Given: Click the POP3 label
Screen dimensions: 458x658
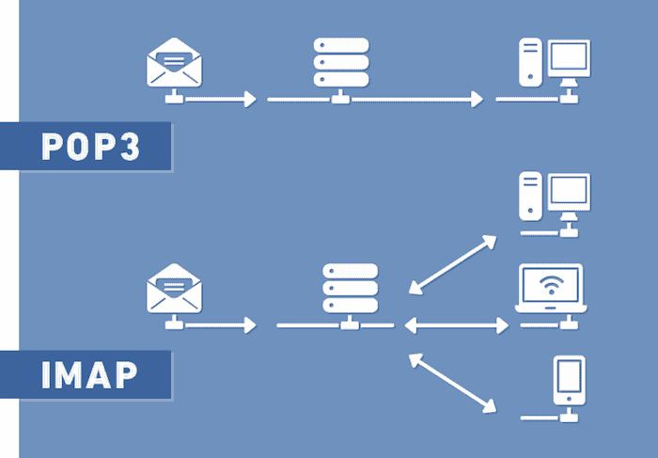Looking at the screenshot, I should tap(90, 147).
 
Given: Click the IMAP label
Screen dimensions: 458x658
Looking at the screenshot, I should tap(90, 375).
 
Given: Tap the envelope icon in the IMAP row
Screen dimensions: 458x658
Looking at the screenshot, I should tap(174, 288).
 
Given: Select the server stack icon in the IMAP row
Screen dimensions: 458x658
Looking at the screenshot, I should tap(350, 288).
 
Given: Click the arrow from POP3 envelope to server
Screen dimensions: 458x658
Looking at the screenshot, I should tap(222, 99).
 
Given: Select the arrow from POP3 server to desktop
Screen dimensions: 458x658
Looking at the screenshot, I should tap(418, 99).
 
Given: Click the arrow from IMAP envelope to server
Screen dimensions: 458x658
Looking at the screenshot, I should tap(222, 325).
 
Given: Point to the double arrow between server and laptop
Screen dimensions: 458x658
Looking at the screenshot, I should tap(456, 325).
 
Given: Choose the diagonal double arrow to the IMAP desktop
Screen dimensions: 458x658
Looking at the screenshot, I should tap(455, 262).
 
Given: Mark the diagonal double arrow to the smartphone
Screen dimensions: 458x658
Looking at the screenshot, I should tap(452, 383).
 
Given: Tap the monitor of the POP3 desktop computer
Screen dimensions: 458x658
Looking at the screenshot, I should tap(569, 57).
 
